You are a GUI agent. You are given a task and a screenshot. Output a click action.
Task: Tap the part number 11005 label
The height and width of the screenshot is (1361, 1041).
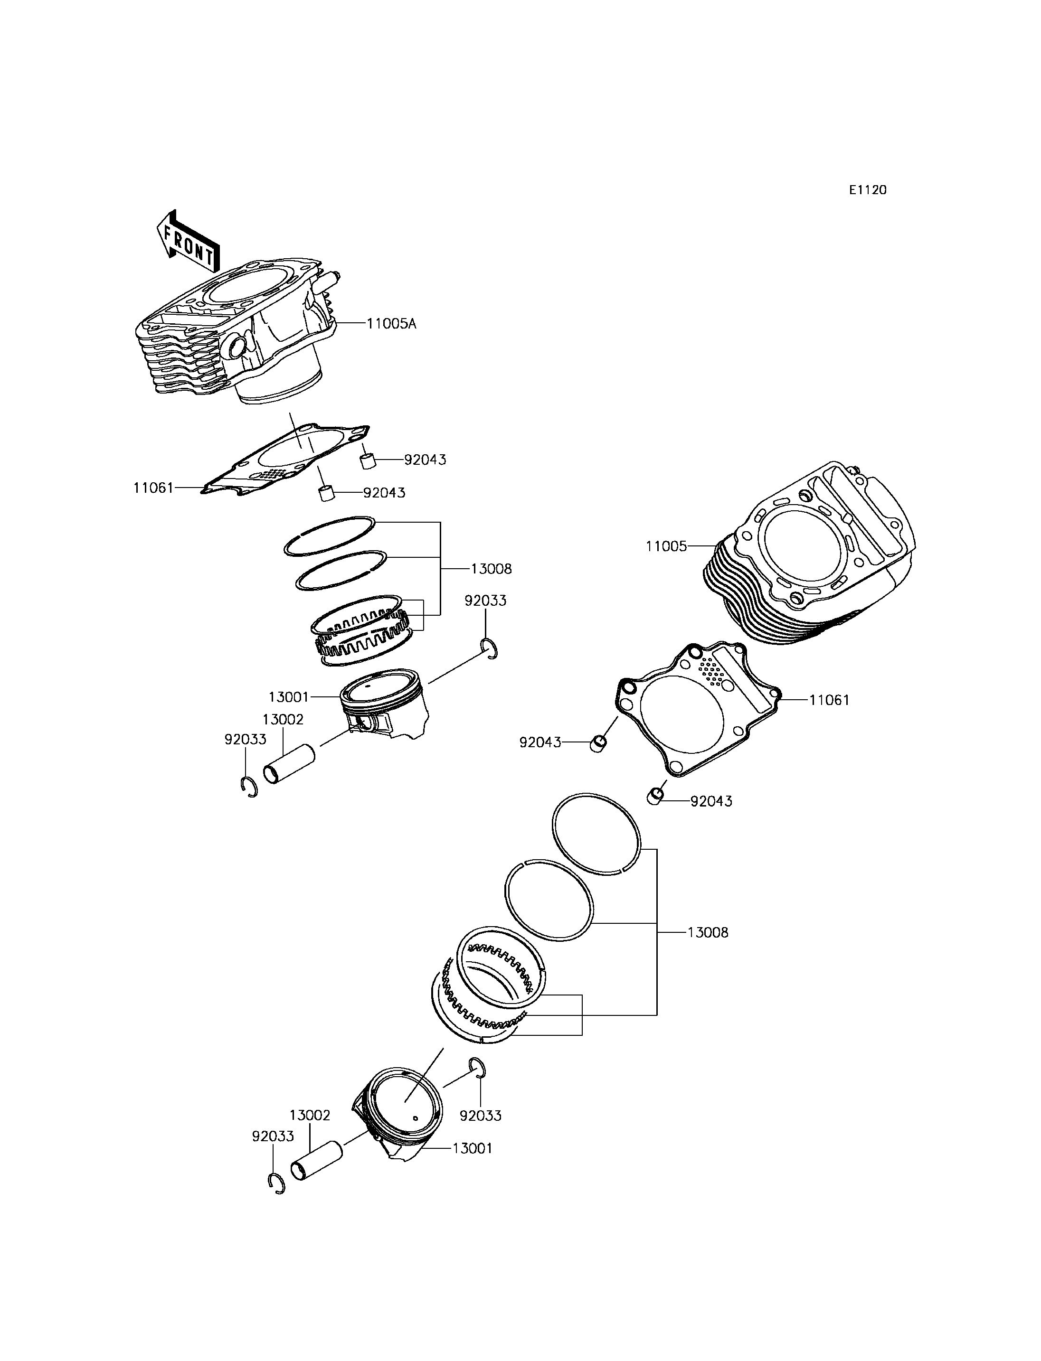click(x=666, y=546)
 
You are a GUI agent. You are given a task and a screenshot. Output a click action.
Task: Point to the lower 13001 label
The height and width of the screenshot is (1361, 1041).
click(x=472, y=1148)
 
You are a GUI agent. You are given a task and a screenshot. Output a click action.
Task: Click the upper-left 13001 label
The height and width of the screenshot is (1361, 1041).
click(x=288, y=697)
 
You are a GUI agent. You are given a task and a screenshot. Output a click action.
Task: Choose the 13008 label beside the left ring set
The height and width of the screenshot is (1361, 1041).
click(x=492, y=569)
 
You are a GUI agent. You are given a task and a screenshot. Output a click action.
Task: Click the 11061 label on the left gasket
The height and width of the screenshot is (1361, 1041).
click(x=153, y=488)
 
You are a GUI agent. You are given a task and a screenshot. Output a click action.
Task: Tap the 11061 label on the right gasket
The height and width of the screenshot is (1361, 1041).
click(x=829, y=700)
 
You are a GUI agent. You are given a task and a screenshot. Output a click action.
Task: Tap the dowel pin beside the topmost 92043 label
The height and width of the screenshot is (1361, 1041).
click(x=368, y=461)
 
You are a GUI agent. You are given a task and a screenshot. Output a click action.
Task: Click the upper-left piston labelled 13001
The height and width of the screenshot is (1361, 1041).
click(x=384, y=703)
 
